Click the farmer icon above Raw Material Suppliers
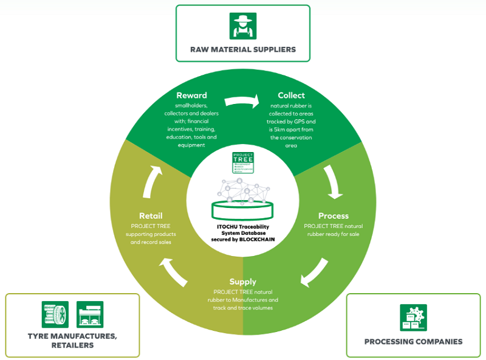(x=243, y=26)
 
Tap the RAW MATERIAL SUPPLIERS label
(x=243, y=49)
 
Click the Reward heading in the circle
(x=191, y=95)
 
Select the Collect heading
(x=291, y=95)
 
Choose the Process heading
(x=334, y=215)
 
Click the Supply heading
(x=242, y=282)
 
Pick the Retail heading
(x=150, y=215)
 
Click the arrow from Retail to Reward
(x=150, y=182)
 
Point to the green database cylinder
(x=242, y=210)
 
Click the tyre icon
(x=54, y=314)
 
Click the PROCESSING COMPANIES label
(x=413, y=342)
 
